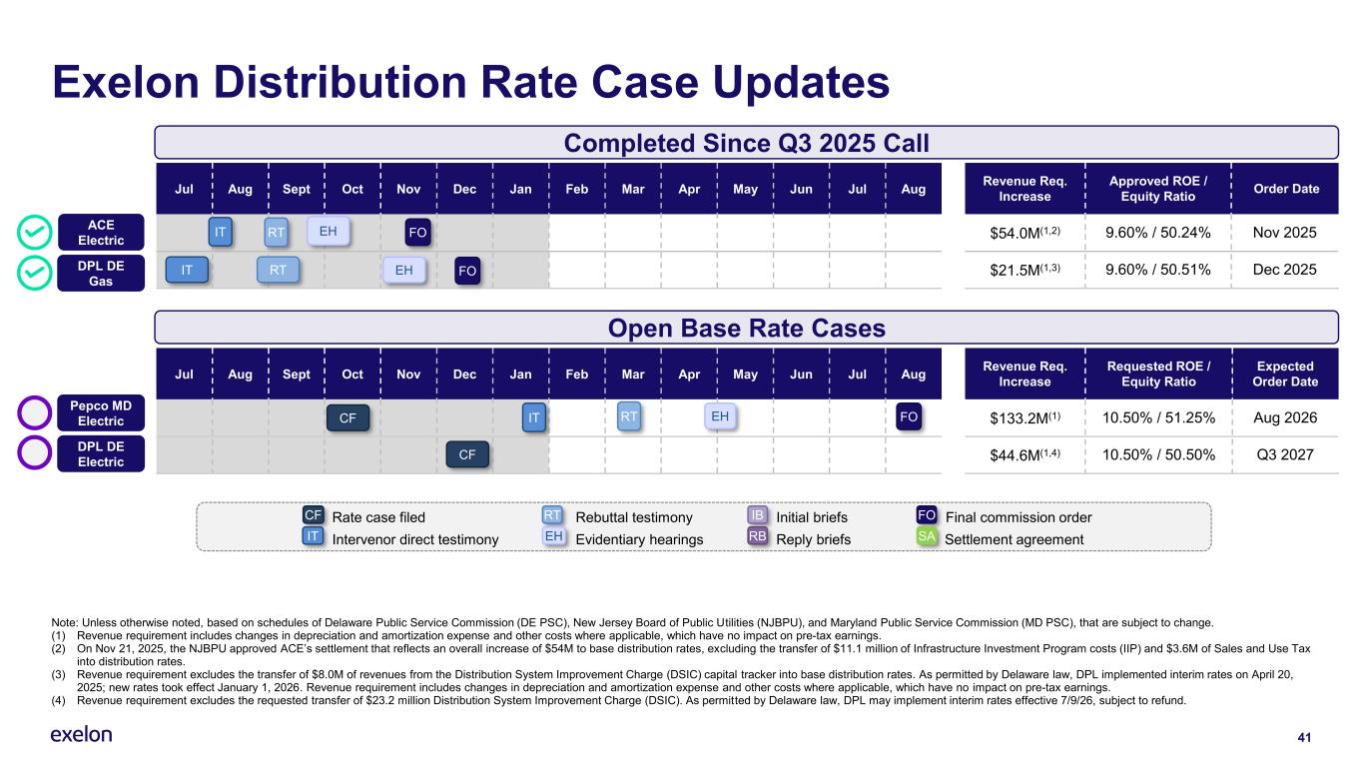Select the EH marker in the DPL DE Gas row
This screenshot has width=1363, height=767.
404,270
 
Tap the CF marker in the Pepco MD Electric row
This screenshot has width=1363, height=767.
347,418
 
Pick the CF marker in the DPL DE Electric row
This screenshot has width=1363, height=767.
466,455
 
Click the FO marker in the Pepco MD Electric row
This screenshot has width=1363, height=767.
909,417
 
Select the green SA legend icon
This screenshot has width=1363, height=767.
928,538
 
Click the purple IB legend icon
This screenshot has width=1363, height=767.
758,516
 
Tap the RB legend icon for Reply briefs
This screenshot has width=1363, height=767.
758,538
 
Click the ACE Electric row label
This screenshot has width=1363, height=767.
101,233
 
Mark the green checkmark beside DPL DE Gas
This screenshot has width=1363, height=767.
34,271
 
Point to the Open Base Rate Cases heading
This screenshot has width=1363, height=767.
746,328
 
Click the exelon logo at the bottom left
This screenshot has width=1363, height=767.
81,735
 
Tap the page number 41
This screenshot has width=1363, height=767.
1303,737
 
